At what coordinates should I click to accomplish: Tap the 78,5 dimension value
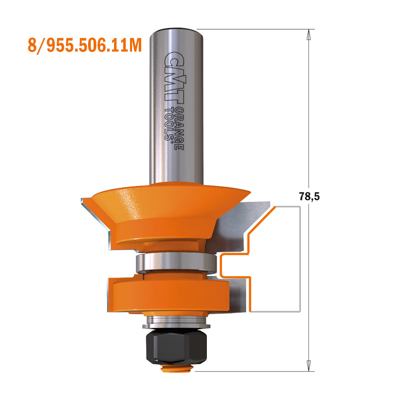(310, 196)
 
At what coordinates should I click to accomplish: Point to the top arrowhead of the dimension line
(308, 34)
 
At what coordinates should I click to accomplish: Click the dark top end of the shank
(173, 29)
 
